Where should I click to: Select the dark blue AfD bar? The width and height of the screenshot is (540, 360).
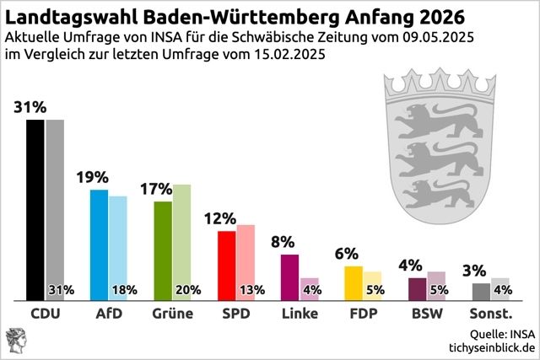click(x=99, y=244)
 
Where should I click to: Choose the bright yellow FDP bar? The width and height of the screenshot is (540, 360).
click(x=354, y=282)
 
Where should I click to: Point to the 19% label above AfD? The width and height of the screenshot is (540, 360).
click(x=92, y=178)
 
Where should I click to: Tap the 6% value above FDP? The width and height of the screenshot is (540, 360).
click(x=347, y=254)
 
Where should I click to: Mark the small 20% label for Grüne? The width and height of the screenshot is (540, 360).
click(x=187, y=291)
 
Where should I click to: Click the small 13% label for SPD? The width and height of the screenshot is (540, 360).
click(x=251, y=291)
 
